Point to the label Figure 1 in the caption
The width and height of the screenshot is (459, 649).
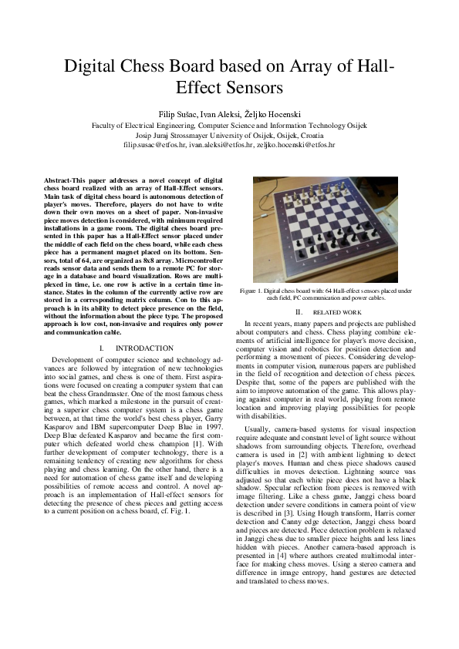point(253,291)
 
